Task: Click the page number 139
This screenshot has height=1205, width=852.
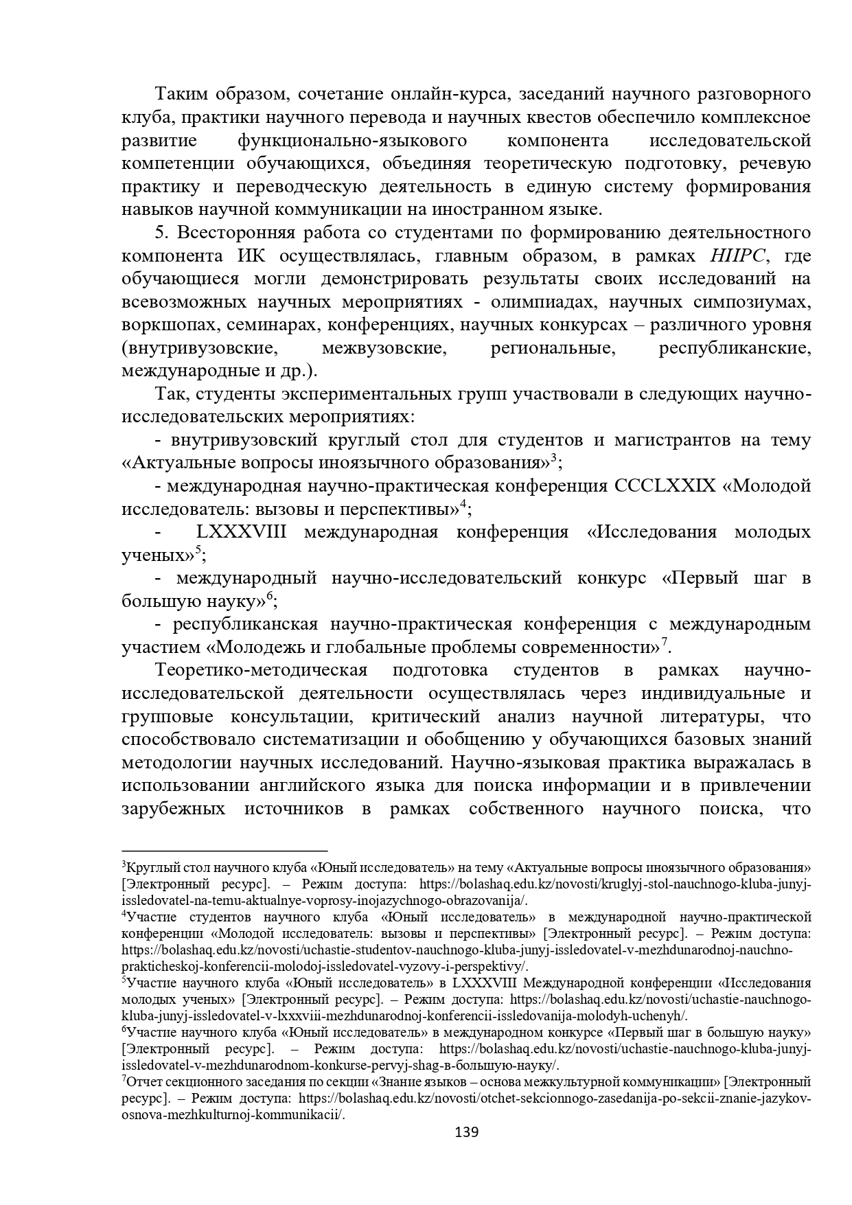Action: pos(466,1132)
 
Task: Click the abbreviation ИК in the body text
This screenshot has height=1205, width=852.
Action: pos(259,256)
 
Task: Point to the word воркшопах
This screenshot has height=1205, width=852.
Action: pos(165,325)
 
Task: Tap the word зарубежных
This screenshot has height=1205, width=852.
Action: pos(173,808)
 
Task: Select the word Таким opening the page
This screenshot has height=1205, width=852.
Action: pos(178,94)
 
